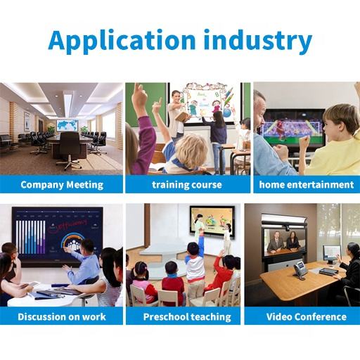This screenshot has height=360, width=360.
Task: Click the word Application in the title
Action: tap(122, 41)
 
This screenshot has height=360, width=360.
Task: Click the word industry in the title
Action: tap(257, 41)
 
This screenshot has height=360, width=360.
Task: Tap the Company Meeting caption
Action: tap(62, 185)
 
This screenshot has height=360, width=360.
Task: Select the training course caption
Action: tap(187, 185)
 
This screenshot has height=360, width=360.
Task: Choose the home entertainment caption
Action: tap(307, 185)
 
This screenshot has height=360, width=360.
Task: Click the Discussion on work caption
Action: tap(62, 317)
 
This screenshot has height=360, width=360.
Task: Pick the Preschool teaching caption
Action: tap(187, 317)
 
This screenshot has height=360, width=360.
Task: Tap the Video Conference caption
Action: tap(307, 317)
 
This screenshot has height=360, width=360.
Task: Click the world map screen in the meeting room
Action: tap(67, 125)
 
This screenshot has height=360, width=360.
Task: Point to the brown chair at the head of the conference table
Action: tap(70, 150)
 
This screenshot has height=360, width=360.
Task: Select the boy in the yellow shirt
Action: tap(335, 141)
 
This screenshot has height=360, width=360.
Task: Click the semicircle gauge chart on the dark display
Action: tap(73, 240)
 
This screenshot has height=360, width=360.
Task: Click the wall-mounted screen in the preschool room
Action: tap(212, 221)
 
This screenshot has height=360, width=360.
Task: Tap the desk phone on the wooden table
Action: tap(300, 270)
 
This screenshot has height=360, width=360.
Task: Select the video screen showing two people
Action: tap(285, 241)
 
